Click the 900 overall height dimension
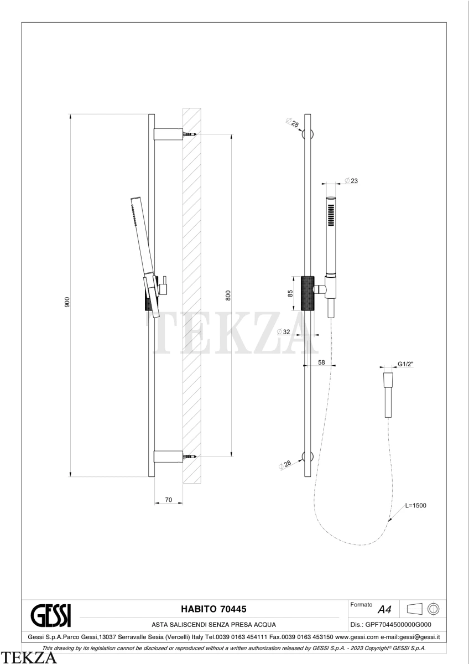point(67,302)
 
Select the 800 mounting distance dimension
point(228,295)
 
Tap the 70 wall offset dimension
point(168,500)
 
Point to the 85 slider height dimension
point(290,293)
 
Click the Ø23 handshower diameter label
point(351,180)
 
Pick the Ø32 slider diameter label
point(284,331)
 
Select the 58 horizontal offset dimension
point(321,362)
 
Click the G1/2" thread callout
point(405,364)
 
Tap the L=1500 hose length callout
point(416,505)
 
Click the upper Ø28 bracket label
point(293,122)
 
